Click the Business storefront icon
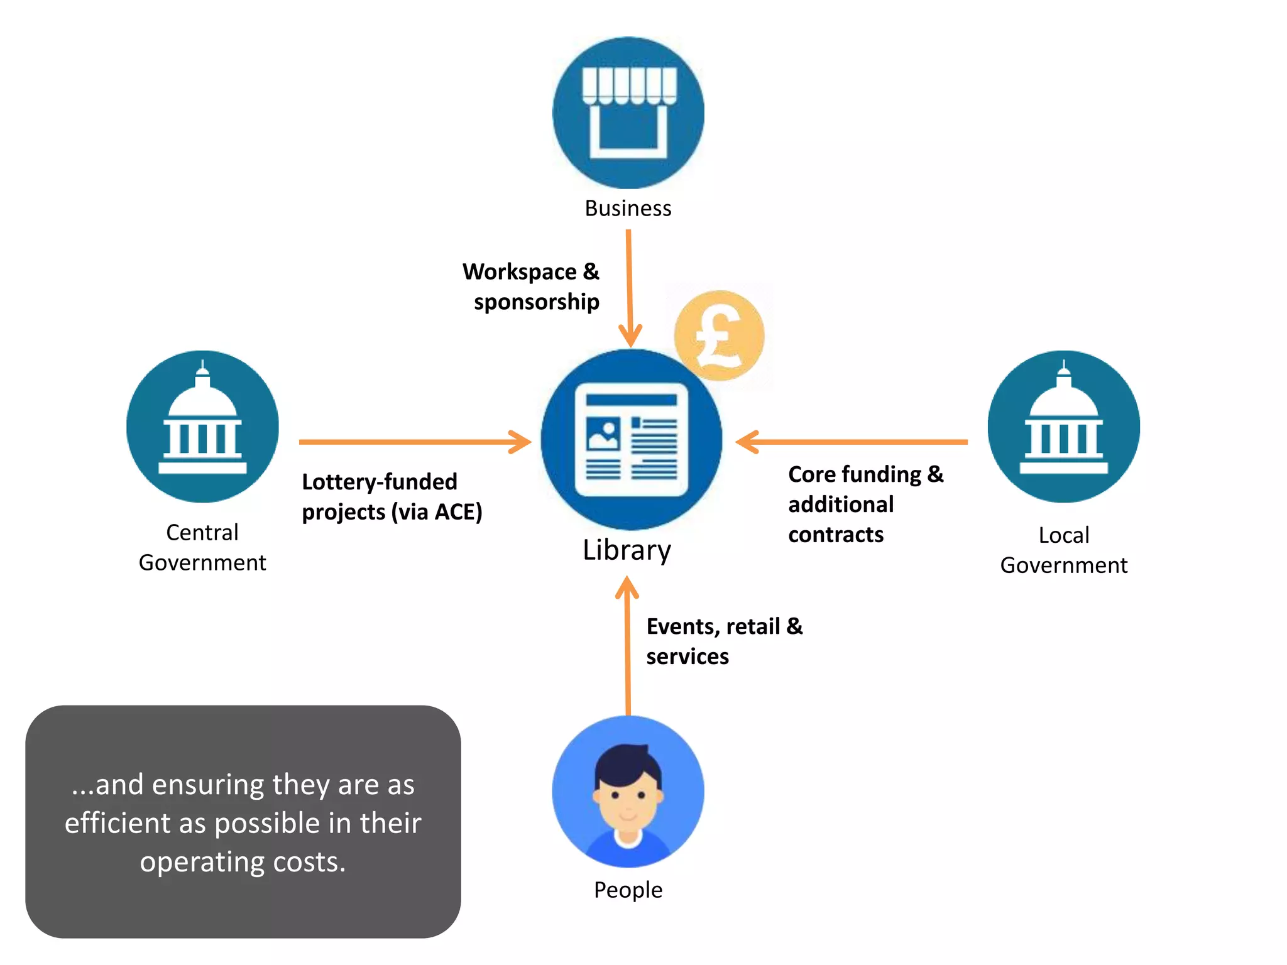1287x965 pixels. [x=628, y=112]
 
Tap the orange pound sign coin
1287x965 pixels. [x=719, y=335]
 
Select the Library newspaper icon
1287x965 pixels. [x=631, y=439]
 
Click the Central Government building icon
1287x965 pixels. [x=202, y=427]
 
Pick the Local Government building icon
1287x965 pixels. [x=1063, y=427]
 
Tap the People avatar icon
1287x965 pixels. [x=628, y=792]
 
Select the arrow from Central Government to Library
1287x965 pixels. [x=415, y=442]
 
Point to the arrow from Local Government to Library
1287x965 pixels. [x=852, y=442]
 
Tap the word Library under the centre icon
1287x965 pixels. [x=627, y=550]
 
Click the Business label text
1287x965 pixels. [x=628, y=209]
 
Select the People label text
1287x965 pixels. [x=628, y=890]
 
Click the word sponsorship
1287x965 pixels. [x=536, y=302]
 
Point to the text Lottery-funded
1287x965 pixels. [x=380, y=482]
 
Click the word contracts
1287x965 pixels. [x=836, y=535]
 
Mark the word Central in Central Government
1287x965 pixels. [x=202, y=533]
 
